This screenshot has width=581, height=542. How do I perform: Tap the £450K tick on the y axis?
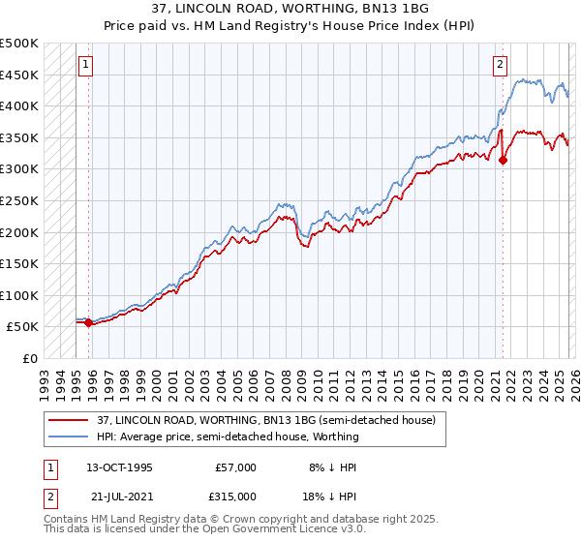click(x=19, y=75)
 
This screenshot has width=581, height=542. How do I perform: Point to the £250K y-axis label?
click(x=19, y=200)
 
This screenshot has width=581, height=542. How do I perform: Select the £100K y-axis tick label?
click(x=19, y=295)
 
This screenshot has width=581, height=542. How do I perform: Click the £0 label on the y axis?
click(x=30, y=358)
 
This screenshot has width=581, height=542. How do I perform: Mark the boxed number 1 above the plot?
click(x=85, y=65)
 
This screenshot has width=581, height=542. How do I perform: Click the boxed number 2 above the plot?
click(x=500, y=65)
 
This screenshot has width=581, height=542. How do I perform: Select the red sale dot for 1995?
click(x=89, y=323)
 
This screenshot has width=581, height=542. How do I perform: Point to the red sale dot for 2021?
click(x=503, y=161)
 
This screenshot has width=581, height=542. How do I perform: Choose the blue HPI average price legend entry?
click(x=226, y=437)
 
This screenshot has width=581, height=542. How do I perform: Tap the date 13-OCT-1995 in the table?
click(x=118, y=467)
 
